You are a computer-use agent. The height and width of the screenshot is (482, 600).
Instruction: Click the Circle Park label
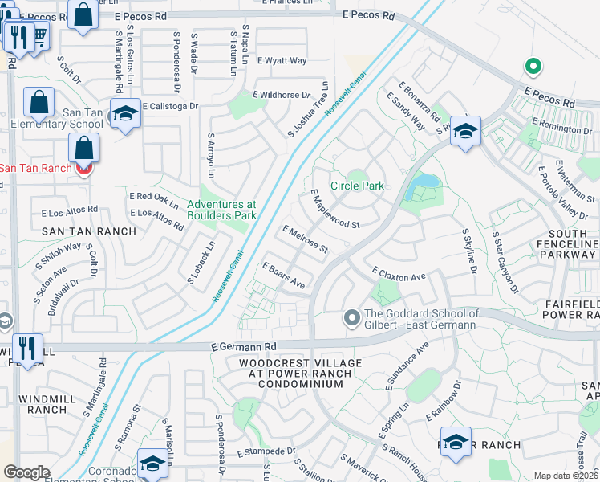[363, 186]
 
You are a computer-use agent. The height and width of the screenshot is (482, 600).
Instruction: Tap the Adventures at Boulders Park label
[221, 210]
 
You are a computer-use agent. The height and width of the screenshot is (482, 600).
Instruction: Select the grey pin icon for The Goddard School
[351, 319]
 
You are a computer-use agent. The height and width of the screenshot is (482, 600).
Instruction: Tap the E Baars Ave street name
[284, 275]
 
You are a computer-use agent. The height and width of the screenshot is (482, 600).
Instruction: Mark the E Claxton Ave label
[398, 276]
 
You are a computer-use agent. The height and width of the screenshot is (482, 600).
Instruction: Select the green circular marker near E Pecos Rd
[529, 67]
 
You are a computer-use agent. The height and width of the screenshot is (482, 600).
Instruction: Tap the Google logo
[26, 472]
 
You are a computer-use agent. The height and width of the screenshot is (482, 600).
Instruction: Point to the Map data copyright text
[566, 476]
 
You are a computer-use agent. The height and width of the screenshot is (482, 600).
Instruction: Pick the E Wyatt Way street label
[282, 61]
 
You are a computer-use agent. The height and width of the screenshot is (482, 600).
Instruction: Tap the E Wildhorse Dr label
[283, 94]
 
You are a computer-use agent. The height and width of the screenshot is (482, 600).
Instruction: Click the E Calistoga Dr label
[170, 106]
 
